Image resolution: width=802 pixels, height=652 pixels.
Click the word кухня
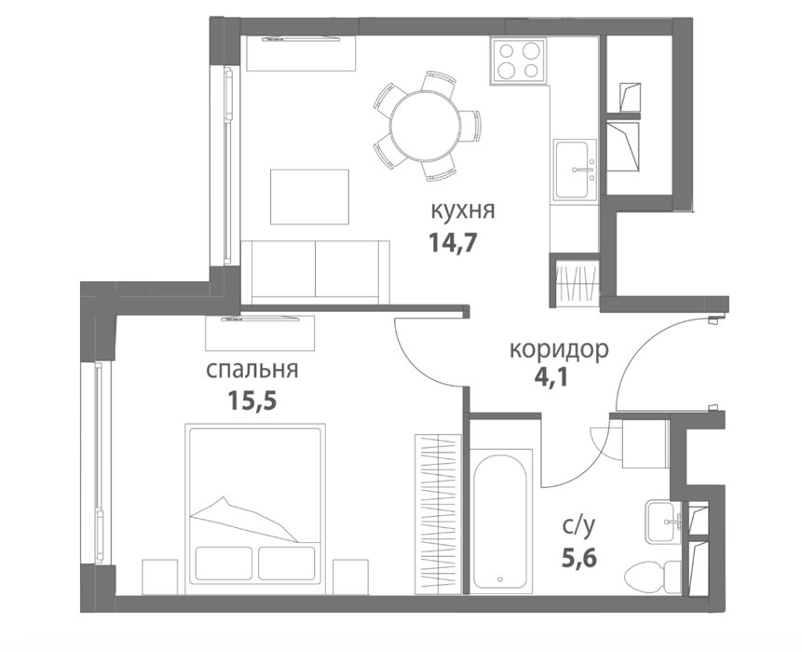click(x=463, y=211)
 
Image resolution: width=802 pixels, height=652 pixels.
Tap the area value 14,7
click(x=453, y=242)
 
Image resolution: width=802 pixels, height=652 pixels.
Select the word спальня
click(x=251, y=370)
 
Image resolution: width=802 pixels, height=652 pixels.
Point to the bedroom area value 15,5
click(x=252, y=401)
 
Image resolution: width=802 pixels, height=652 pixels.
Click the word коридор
click(x=559, y=351)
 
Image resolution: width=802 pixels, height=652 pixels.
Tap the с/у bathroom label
click(x=579, y=525)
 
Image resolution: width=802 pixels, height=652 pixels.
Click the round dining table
click(x=426, y=126)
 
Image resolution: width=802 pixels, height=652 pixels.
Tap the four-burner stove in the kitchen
click(x=519, y=61)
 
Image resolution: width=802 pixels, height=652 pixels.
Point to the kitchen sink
click(x=575, y=170)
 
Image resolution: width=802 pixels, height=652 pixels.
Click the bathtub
click(x=500, y=519)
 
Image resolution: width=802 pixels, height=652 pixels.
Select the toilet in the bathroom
click(x=653, y=577)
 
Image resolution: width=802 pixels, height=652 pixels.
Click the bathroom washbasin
click(x=663, y=523)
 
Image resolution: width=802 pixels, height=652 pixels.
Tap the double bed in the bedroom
click(x=255, y=509)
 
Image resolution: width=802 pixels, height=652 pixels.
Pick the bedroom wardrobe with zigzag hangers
click(x=439, y=514)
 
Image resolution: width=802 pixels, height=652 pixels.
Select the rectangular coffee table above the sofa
click(x=309, y=197)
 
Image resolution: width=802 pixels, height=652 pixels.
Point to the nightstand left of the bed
click(x=159, y=577)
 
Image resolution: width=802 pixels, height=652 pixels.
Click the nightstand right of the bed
click(x=351, y=577)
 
